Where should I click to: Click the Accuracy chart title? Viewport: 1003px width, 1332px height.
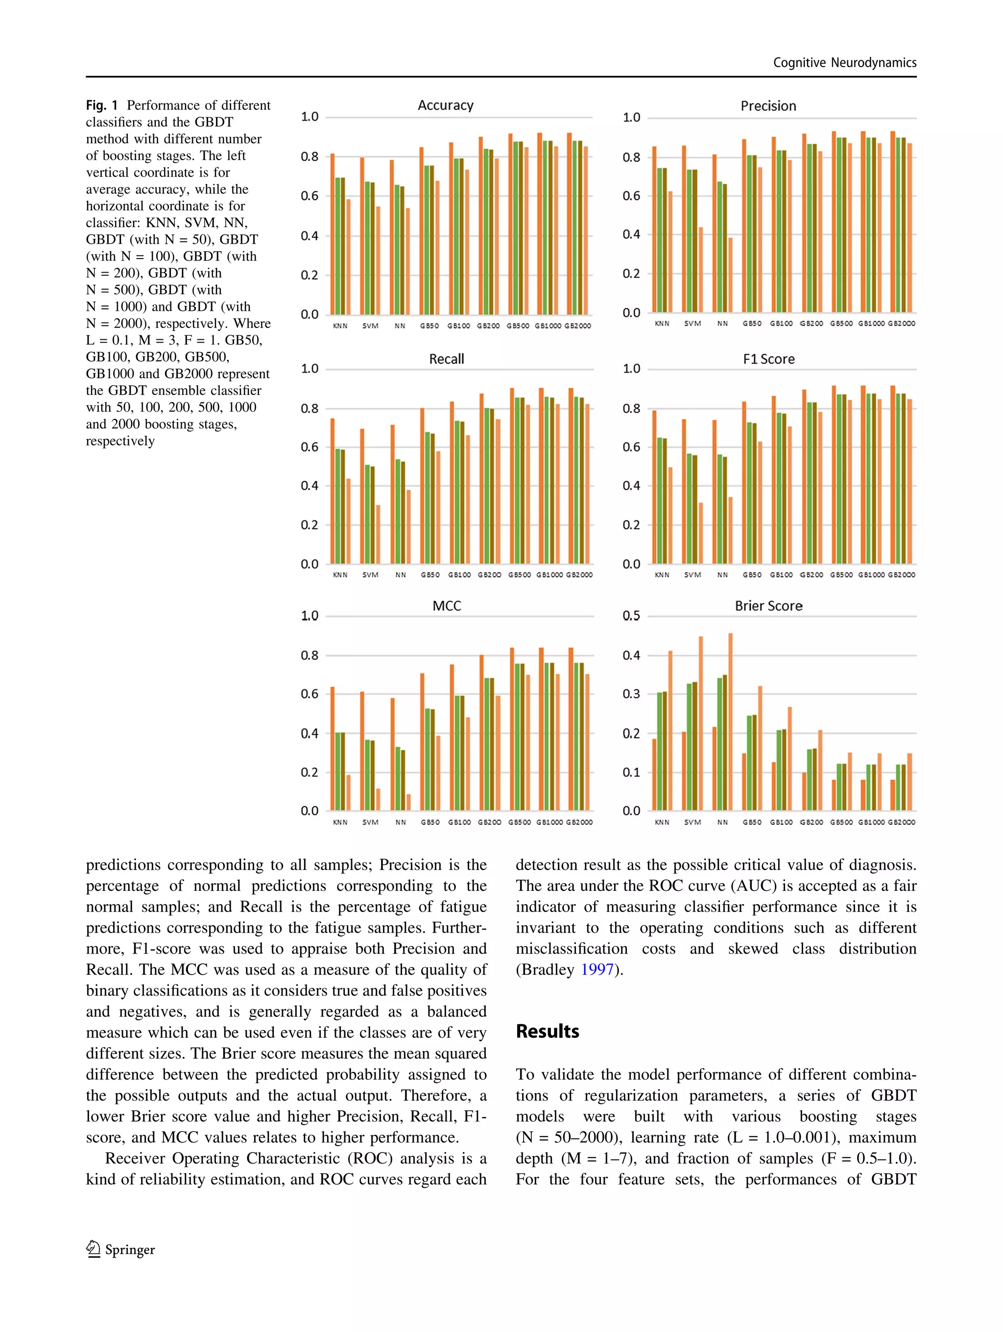pos(445,105)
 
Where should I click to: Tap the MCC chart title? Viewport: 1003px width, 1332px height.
pos(446,606)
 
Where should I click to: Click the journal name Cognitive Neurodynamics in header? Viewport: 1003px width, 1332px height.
pos(845,63)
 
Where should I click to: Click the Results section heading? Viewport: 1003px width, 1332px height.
pos(547,1031)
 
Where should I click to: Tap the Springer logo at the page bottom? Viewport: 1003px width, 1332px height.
pos(120,1249)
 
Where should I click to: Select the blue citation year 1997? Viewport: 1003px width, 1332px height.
pos(597,969)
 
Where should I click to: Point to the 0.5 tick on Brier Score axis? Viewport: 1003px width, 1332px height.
pos(631,615)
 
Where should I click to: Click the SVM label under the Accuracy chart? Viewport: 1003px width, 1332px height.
pos(370,326)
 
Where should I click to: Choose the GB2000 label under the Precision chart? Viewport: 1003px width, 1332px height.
pos(901,324)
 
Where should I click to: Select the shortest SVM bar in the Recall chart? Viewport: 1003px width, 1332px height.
pos(378,534)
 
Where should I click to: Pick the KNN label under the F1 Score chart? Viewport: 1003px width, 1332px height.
pos(662,575)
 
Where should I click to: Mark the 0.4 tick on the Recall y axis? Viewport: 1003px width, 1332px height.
pos(310,485)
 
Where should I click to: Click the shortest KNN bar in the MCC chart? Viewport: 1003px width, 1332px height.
pos(348,793)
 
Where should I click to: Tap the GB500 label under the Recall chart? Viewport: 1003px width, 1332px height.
pos(519,575)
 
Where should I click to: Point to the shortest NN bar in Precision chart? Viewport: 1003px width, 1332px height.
pos(730,275)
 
